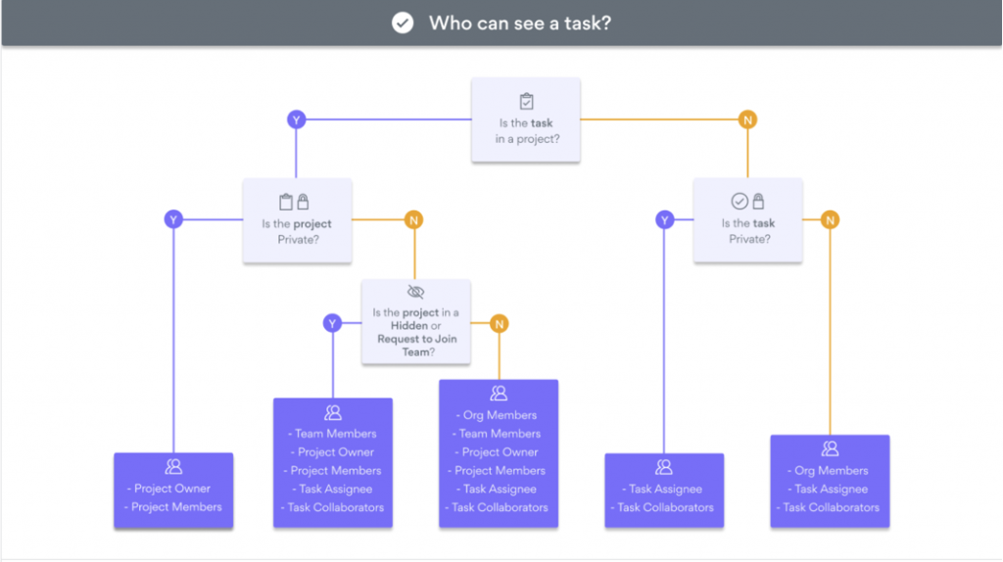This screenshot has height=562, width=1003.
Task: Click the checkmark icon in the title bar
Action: (403, 23)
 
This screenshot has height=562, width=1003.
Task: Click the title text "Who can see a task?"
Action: (519, 23)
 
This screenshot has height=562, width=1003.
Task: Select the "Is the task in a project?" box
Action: (526, 120)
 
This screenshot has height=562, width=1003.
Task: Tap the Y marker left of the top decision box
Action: (296, 119)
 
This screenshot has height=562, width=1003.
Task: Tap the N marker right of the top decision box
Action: (747, 119)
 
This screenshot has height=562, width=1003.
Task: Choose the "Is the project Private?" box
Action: (297, 220)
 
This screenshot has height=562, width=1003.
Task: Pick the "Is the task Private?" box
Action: (747, 220)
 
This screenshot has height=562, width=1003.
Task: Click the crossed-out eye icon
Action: (415, 292)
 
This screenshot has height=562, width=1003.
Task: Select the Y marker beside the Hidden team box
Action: (333, 323)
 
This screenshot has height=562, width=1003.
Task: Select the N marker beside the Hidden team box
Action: (500, 323)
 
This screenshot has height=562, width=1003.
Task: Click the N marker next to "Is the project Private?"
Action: (413, 219)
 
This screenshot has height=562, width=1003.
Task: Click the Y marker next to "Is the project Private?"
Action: (173, 219)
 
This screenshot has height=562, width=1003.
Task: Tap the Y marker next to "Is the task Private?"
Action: (665, 219)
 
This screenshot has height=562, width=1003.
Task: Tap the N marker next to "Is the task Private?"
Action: (831, 219)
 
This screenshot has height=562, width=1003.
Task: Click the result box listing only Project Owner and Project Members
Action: (173, 491)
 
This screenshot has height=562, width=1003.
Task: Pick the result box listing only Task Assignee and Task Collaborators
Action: (664, 491)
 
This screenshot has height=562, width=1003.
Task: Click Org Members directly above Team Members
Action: (500, 415)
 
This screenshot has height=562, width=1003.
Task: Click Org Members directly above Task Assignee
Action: (831, 470)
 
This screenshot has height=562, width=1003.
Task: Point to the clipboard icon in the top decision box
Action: (526, 101)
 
